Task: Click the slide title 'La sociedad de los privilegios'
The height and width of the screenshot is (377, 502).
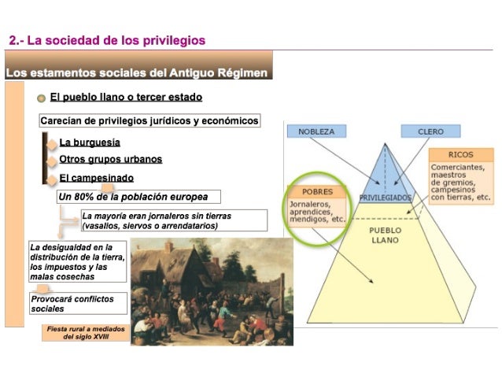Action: [x=107, y=40]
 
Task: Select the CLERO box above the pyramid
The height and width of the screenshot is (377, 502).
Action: [x=430, y=131]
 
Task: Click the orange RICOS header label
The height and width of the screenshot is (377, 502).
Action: [x=460, y=155]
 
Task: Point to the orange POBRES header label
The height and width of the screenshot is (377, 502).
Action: [x=317, y=191]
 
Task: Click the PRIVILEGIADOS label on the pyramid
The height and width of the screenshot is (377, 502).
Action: [x=386, y=197]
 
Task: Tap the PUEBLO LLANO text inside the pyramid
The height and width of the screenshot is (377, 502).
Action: [x=386, y=235]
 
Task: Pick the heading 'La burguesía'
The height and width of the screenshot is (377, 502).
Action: [x=90, y=142]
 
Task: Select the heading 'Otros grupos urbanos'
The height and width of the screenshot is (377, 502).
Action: [x=110, y=159]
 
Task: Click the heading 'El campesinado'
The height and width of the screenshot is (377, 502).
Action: [x=96, y=178]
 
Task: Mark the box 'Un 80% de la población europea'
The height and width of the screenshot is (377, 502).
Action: [x=138, y=196]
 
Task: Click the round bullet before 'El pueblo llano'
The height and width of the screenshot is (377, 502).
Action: [x=40, y=98]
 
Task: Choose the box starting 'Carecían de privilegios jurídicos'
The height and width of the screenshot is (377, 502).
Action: [x=149, y=121]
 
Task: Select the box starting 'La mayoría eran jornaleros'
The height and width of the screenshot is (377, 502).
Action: [x=157, y=220]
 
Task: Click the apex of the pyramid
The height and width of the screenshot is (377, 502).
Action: [x=386, y=144]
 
